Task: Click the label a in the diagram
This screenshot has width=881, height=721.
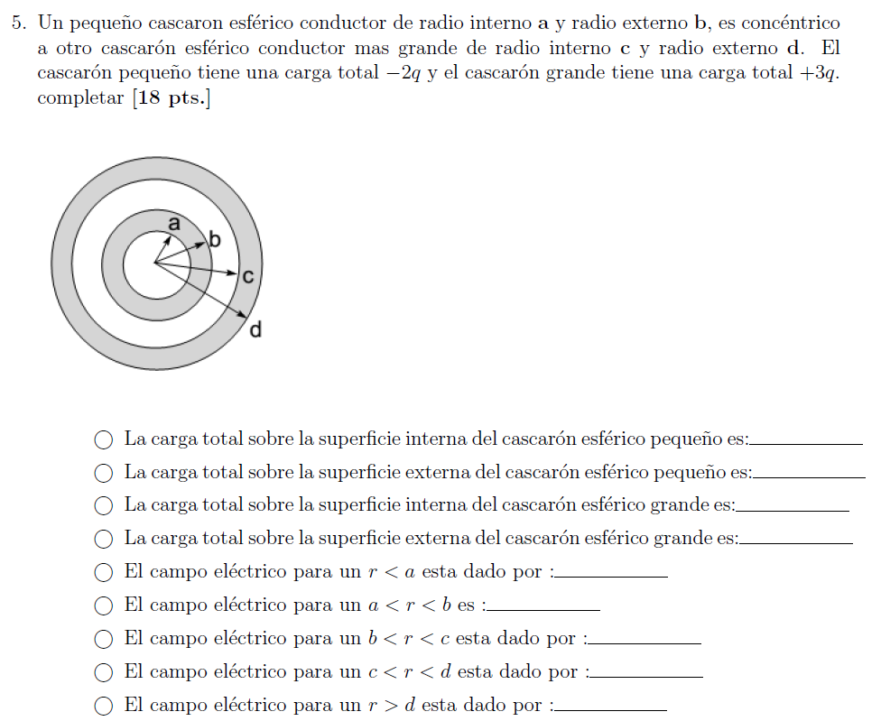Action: click(174, 224)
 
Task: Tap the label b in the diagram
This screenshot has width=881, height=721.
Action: click(215, 239)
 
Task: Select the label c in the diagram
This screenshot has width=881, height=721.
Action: click(247, 276)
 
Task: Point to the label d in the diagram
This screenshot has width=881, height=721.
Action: click(255, 328)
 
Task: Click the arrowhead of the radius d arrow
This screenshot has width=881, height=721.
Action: click(243, 315)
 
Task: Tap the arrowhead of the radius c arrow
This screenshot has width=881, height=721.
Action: click(233, 273)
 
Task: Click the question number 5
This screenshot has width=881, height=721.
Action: click(19, 23)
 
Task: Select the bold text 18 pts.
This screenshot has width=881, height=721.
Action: click(171, 97)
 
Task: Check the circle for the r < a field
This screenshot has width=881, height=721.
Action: click(104, 572)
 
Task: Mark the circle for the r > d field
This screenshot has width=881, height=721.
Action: click(104, 706)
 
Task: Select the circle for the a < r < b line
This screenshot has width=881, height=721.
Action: click(104, 605)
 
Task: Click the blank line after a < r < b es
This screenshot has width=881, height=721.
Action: click(543, 610)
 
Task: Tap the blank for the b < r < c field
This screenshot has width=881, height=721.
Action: click(645, 643)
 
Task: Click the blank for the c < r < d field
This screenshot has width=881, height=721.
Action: click(646, 677)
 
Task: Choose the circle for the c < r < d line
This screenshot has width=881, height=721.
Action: click(104, 672)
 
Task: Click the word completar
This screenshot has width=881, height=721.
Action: click(80, 98)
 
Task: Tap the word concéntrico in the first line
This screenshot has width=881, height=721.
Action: click(791, 23)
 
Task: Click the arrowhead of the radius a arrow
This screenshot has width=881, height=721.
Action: click(168, 238)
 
